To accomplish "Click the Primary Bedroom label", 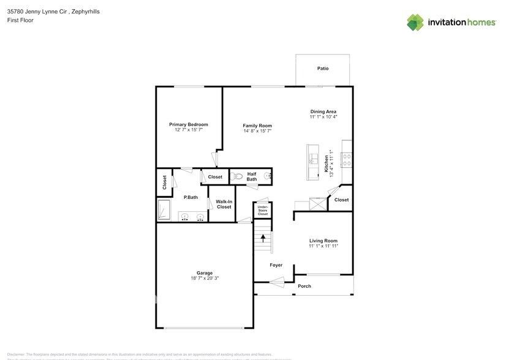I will [x=189, y=124].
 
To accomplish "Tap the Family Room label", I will [x=257, y=126].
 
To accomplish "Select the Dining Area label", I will [x=323, y=111].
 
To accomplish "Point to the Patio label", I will [x=323, y=69].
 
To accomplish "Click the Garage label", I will [x=205, y=273].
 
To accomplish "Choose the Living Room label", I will [x=323, y=241].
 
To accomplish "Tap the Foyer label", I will [x=277, y=265].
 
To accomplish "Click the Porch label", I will [x=304, y=286].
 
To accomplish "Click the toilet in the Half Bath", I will [x=239, y=176].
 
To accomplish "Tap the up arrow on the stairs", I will [x=263, y=239].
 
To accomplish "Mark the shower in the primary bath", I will [x=164, y=209].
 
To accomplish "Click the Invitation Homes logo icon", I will [x=416, y=23].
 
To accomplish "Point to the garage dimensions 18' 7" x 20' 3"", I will [x=205, y=279].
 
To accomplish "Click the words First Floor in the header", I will [x=21, y=20].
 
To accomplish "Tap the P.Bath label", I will [x=190, y=197].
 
